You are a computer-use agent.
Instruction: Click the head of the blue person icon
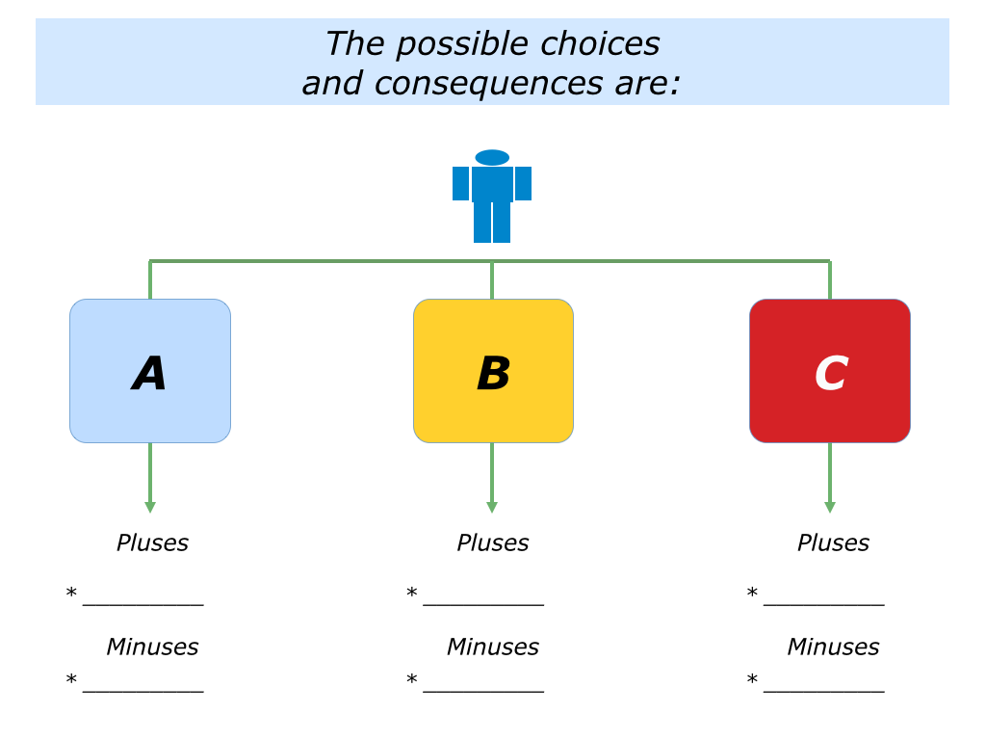492,157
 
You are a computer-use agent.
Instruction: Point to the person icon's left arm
460,183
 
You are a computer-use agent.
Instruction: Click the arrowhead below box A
149,507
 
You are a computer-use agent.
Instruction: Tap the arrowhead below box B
492,507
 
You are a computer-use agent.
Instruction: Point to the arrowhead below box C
829,507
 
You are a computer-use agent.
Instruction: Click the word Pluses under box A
152,543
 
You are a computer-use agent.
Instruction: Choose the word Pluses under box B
492,543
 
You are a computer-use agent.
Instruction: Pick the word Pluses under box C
833,543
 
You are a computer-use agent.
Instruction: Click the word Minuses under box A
152,647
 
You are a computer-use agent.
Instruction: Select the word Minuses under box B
492,647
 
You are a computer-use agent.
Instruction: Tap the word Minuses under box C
833,647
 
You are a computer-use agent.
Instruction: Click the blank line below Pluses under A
143,604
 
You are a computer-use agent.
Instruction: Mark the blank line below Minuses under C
823,691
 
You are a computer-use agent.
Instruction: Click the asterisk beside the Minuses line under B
411,681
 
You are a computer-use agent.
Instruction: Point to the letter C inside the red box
830,374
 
